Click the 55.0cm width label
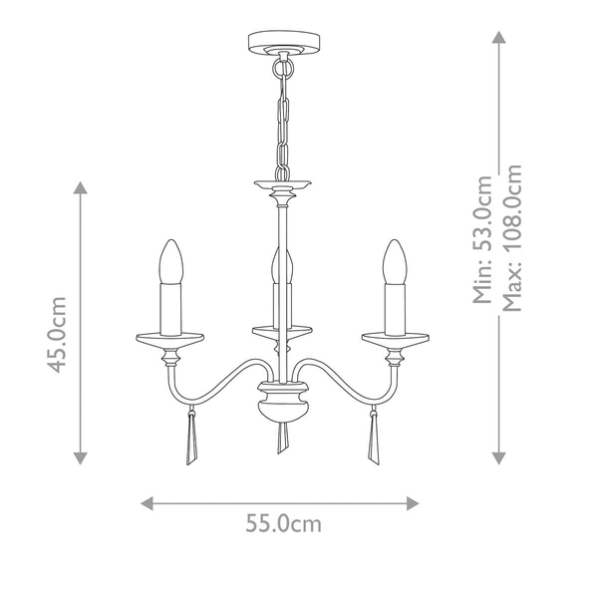tap(283, 523)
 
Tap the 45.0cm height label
tap(57, 335)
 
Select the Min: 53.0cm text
tap(482, 239)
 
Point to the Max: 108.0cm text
tap(511, 238)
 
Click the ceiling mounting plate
tap(284, 43)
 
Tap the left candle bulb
tap(170, 261)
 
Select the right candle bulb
tap(395, 261)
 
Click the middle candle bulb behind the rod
tap(282, 265)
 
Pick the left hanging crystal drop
tap(191, 441)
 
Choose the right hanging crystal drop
tap(374, 441)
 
